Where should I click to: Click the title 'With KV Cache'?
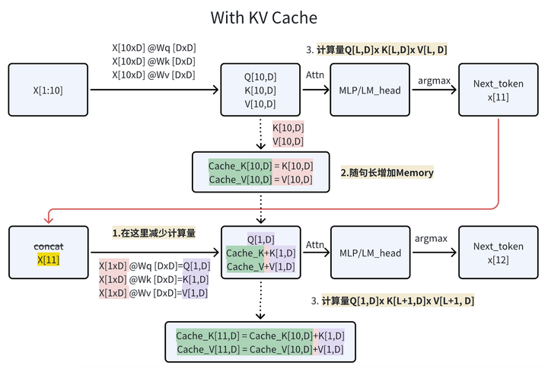(x=263, y=17)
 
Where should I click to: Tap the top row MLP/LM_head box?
(x=370, y=90)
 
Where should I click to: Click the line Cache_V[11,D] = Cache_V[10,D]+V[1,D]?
(x=260, y=348)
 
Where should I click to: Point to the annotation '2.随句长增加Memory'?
(x=387, y=173)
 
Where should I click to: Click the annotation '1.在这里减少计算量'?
(x=154, y=233)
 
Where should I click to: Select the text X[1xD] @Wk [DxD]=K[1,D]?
(x=153, y=279)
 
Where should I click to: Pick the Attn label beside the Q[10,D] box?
(x=314, y=75)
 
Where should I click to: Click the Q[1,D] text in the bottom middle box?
(x=261, y=238)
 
